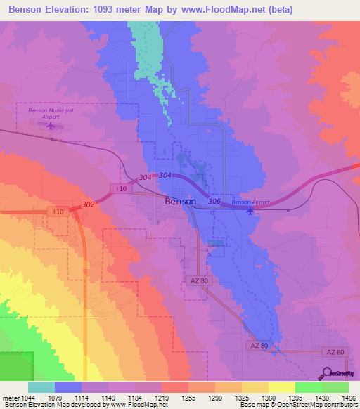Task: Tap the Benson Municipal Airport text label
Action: (x=50, y=111)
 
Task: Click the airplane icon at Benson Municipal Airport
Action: (x=50, y=126)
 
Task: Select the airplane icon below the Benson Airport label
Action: (x=250, y=211)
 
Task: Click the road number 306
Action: (x=215, y=202)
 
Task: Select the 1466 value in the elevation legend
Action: (x=339, y=399)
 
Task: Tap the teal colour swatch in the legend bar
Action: (x=41, y=387)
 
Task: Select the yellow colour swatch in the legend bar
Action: (x=281, y=387)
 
